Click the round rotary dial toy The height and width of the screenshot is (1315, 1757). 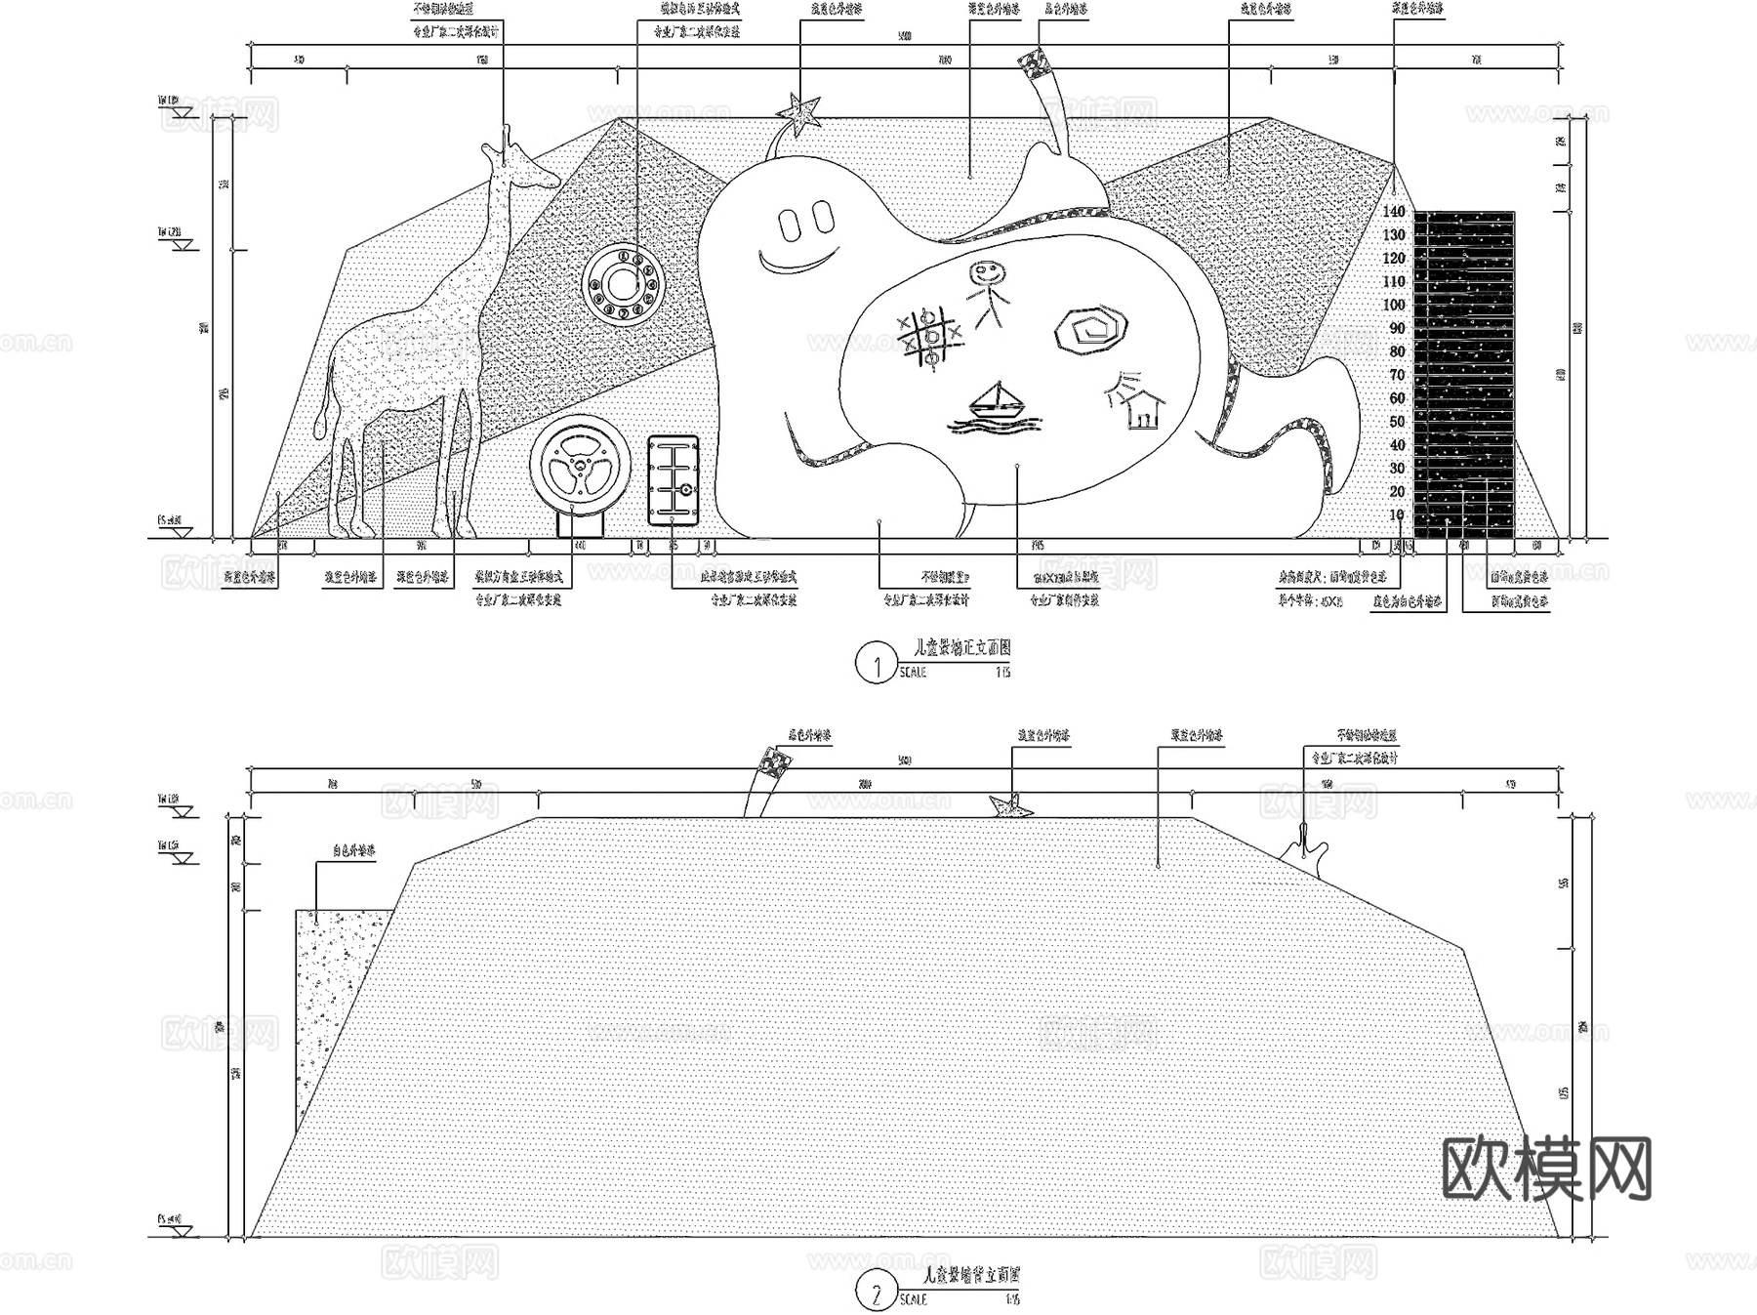[x=622, y=284]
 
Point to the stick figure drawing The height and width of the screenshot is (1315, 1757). [x=989, y=293]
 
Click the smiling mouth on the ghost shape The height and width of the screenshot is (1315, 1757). [x=798, y=261]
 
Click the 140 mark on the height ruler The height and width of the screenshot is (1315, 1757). [x=1394, y=212]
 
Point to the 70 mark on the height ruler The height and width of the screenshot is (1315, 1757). [x=1397, y=376]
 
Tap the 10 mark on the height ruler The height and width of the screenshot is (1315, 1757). [x=1397, y=515]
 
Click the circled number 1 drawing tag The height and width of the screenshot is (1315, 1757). [x=876, y=665]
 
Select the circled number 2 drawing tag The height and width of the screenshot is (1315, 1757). [x=876, y=1294]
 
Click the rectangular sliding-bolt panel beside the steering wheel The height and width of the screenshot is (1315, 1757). [x=674, y=481]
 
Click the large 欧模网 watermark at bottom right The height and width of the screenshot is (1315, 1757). [x=1547, y=1169]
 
